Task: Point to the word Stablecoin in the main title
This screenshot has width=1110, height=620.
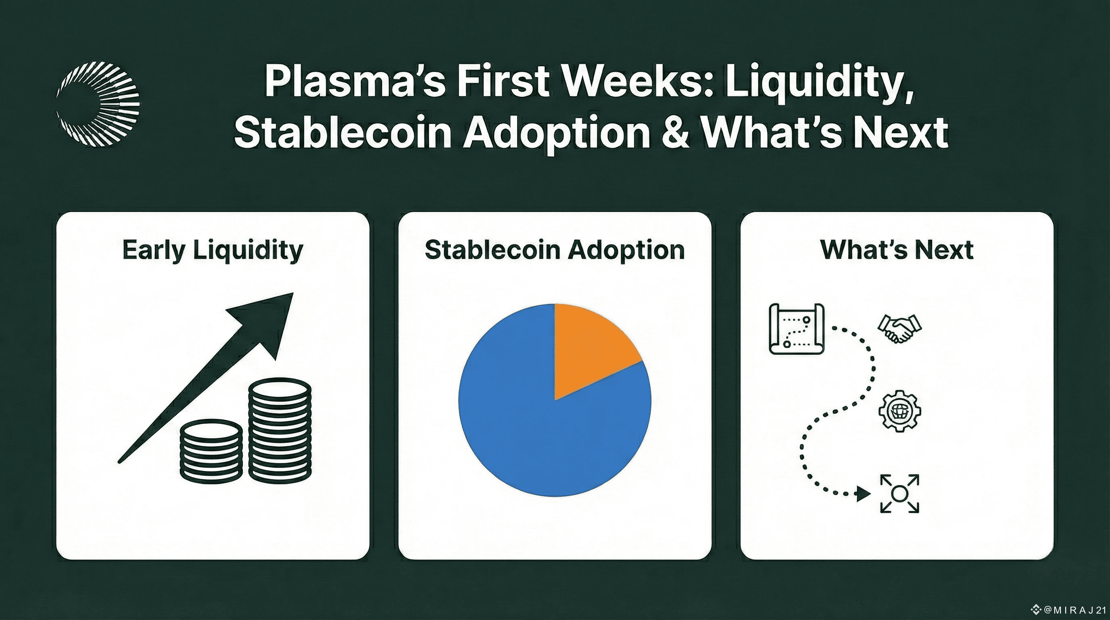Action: click(343, 132)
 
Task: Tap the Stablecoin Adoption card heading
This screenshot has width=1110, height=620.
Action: click(555, 250)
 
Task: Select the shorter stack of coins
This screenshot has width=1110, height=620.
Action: click(211, 451)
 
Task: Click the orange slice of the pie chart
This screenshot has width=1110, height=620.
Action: click(593, 348)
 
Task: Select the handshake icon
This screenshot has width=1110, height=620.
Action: click(900, 329)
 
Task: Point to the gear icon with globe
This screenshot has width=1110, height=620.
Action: click(900, 411)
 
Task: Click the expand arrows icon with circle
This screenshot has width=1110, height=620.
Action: click(899, 494)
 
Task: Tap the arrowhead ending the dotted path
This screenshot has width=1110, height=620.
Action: click(864, 494)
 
